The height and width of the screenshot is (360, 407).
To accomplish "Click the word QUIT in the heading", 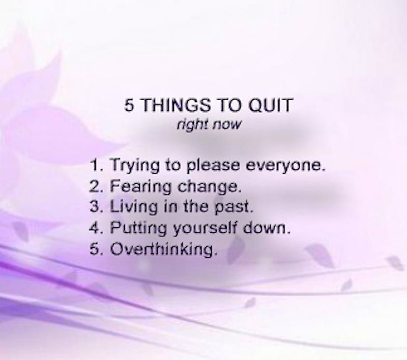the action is click(271, 105).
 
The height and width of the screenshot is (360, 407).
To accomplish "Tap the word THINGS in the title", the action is click(176, 105).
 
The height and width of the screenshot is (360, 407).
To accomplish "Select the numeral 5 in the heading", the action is click(129, 105).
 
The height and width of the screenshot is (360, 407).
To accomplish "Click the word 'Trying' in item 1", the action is click(135, 166).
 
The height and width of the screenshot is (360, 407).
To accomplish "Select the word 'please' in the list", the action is click(213, 166).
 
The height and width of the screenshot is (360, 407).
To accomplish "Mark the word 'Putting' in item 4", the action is click(138, 228).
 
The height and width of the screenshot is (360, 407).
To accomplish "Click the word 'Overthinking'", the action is click(163, 250).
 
